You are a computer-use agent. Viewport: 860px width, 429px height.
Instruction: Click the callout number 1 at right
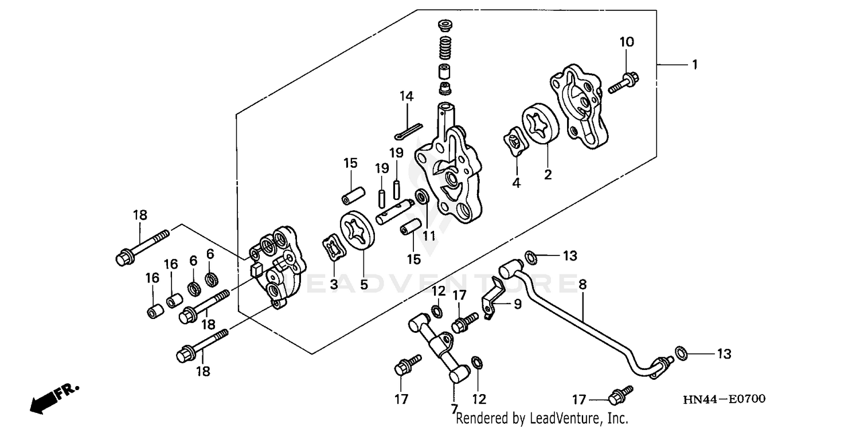point(694,65)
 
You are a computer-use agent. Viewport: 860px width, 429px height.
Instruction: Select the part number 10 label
point(626,42)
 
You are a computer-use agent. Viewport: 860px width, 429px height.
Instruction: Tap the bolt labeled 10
point(625,82)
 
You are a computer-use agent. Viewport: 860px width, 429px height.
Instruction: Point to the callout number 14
point(406,96)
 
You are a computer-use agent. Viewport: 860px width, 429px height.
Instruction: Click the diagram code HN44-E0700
point(724,399)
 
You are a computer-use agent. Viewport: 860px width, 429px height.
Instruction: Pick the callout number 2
point(548,175)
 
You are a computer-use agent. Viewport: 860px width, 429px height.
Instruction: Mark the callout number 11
point(428,235)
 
